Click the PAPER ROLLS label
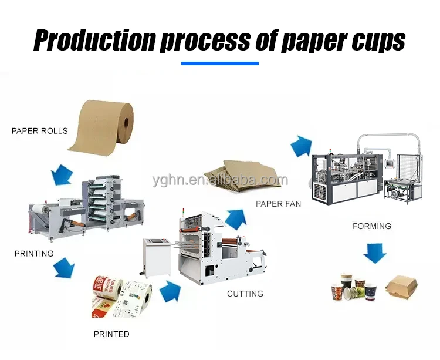40,131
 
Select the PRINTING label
34,254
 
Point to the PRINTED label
111,334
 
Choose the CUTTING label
245,293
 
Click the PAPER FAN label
278,204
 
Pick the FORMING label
372,226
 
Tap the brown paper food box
404,286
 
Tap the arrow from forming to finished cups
374,253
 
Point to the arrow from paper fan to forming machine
301,145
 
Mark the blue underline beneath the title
220,63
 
